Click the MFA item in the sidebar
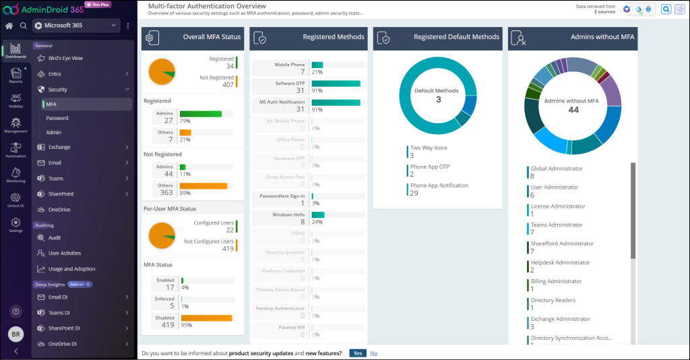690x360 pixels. click(x=51, y=104)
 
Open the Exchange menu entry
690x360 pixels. click(x=59, y=147)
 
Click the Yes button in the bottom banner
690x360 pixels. click(x=358, y=353)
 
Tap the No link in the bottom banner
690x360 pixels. click(x=374, y=353)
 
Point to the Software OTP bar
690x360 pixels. click(x=336, y=84)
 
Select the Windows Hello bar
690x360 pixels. click(x=317, y=215)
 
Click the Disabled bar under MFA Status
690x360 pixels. click(x=206, y=318)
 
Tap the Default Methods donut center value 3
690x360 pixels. click(x=438, y=100)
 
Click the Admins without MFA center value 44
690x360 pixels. click(x=573, y=110)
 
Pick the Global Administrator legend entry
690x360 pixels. click(x=556, y=169)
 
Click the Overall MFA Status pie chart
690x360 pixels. click(x=162, y=71)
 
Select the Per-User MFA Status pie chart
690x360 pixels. click(x=162, y=235)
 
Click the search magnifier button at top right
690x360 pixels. click(x=666, y=9)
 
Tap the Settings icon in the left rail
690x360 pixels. click(x=15, y=224)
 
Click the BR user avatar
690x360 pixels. click(x=15, y=334)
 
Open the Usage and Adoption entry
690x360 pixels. click(x=71, y=269)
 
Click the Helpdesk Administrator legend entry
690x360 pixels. click(x=559, y=263)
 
